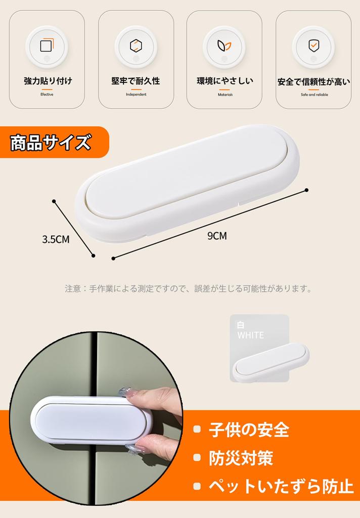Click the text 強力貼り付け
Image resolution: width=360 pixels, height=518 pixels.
coord(47,81)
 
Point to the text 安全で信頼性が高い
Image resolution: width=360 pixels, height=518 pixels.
coord(313,81)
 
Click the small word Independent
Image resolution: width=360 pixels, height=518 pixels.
coord(136,95)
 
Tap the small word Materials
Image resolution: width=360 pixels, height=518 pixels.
coord(225,95)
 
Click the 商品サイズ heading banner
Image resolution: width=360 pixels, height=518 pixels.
coord(51,142)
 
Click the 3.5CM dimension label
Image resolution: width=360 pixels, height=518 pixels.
coord(56,239)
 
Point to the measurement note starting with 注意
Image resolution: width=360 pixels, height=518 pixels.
coord(188,289)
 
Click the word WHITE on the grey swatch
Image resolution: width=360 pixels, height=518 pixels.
coord(251,335)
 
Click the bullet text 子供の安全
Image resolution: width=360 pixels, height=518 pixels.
coord(249,430)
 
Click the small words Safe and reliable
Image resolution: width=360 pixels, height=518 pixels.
coord(313,95)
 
